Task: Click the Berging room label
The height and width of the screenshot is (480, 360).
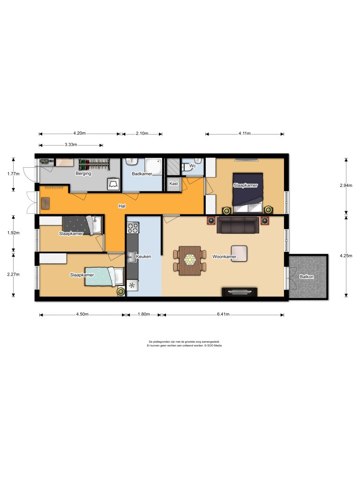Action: pyautogui.click(x=83, y=173)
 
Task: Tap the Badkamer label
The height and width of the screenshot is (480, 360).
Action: pyautogui.click(x=142, y=173)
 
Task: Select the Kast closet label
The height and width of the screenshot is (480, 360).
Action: pyautogui.click(x=173, y=184)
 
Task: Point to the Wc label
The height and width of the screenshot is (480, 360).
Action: pyautogui.click(x=192, y=165)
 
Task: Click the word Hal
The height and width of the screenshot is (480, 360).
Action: pyautogui.click(x=121, y=205)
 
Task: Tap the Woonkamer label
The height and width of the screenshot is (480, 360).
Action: pyautogui.click(x=224, y=257)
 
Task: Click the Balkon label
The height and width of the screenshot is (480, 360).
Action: pyautogui.click(x=307, y=277)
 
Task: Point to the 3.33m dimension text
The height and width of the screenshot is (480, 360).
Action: pyautogui.click(x=71, y=145)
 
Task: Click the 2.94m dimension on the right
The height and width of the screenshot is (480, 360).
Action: pyautogui.click(x=346, y=186)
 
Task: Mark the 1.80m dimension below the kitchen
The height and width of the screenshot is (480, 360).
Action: pyautogui.click(x=143, y=315)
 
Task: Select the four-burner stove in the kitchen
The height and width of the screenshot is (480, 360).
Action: pyautogui.click(x=133, y=228)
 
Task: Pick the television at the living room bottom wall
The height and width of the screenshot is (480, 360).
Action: pyautogui.click(x=239, y=292)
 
